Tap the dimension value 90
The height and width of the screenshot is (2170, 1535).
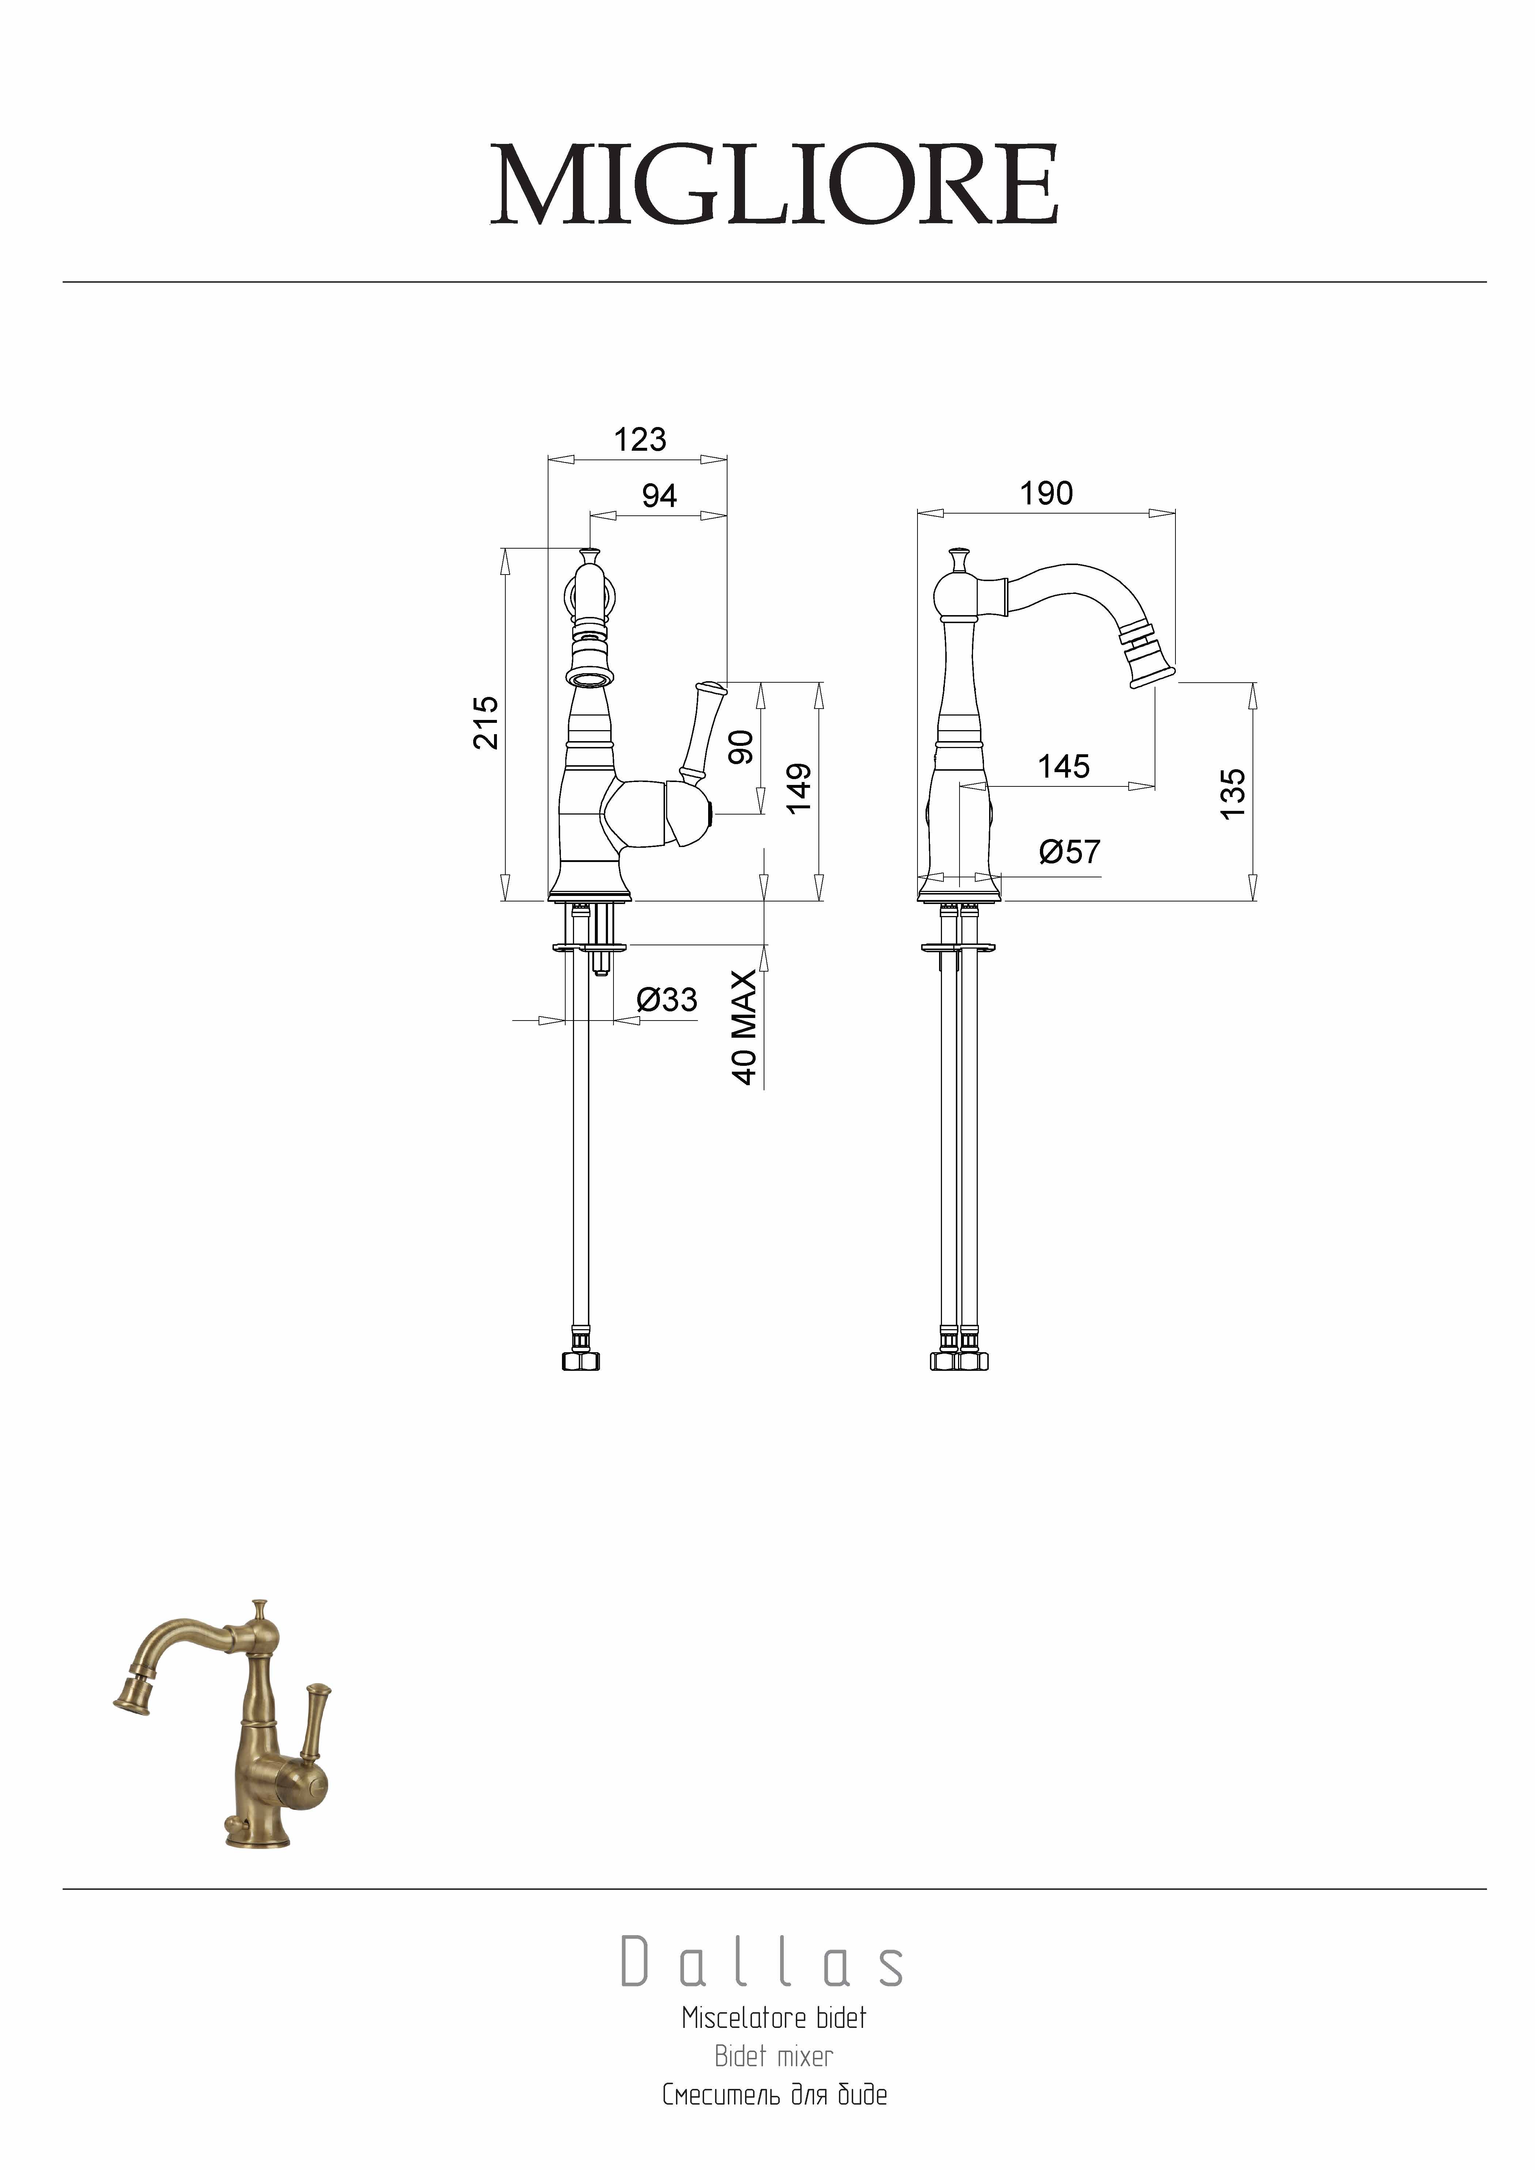click(743, 747)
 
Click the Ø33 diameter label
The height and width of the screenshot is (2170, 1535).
click(667, 999)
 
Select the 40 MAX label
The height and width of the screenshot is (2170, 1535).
click(745, 1027)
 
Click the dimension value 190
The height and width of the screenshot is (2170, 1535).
click(1046, 493)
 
